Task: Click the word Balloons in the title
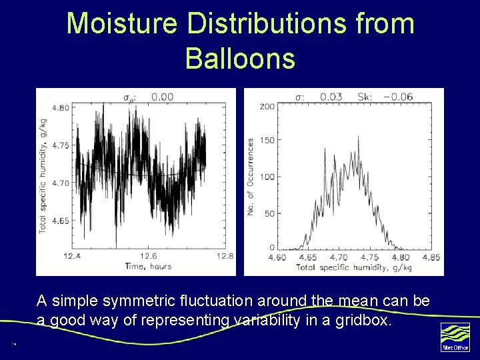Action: point(240,58)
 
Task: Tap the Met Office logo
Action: point(455,337)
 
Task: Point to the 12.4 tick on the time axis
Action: point(72,256)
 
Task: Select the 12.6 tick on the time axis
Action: point(149,256)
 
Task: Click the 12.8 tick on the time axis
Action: point(225,256)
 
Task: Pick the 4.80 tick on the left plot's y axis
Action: point(61,107)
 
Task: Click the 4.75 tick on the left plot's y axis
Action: point(61,145)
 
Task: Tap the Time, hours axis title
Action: point(148,266)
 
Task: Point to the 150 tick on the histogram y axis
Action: point(267,140)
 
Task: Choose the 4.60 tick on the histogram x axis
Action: point(277,257)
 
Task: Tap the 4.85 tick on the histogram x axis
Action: point(431,257)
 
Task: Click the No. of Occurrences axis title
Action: point(251,177)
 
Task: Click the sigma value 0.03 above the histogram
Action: point(331,97)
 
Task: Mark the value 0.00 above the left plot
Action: point(162,97)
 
